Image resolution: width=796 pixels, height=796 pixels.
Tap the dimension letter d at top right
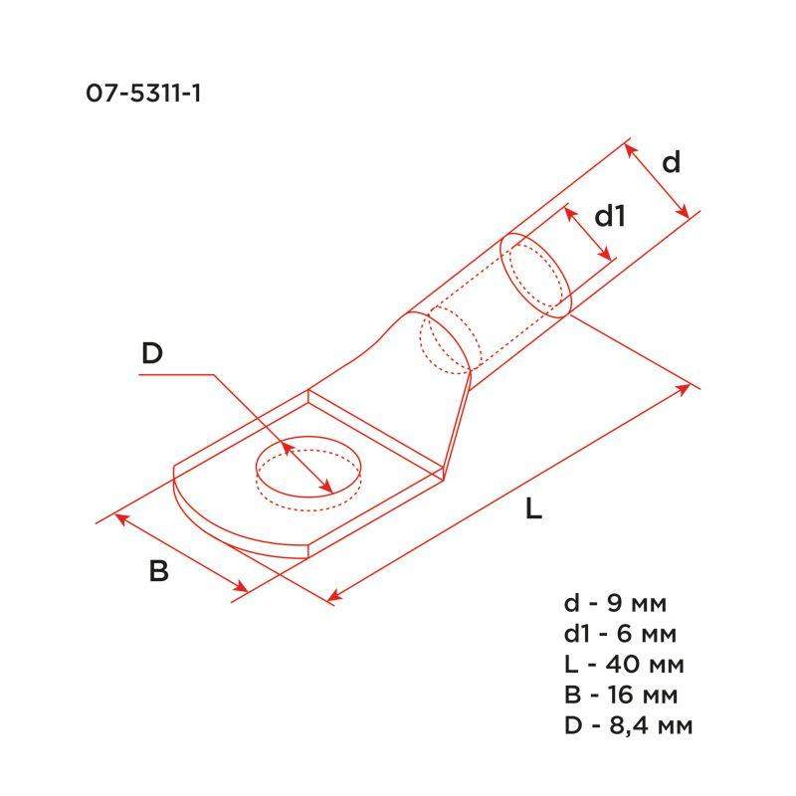pos(672,161)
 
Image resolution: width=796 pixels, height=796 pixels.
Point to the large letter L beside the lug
pos(533,510)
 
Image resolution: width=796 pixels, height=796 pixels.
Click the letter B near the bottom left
pos(158,572)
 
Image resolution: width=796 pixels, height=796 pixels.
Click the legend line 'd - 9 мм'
pos(617,604)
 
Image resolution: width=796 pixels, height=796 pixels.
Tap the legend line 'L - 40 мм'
pos(624,664)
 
